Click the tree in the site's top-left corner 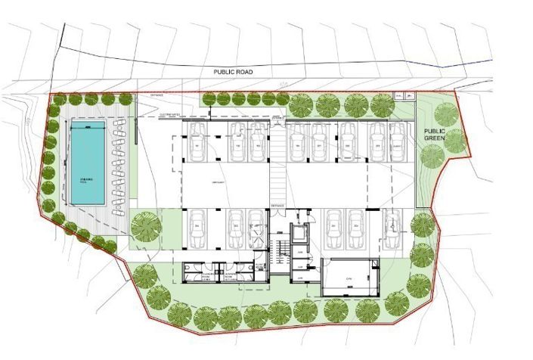pyautogui.click(x=55, y=99)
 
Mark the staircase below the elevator pyautogui.click(x=282, y=253)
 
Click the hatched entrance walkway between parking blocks pyautogui.click(x=279, y=173)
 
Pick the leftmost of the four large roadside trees pyautogui.click(x=302, y=104)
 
